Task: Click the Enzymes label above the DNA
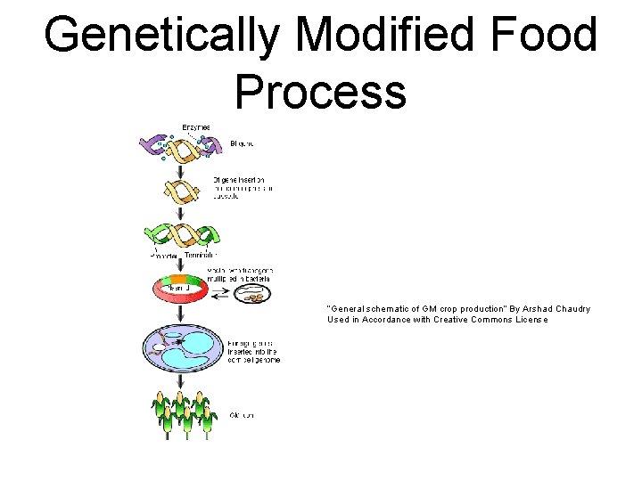[196, 128]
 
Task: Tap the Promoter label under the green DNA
[162, 255]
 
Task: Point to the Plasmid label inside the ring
[177, 288]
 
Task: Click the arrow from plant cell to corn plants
[181, 380]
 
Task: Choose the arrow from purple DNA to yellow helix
[181, 168]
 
